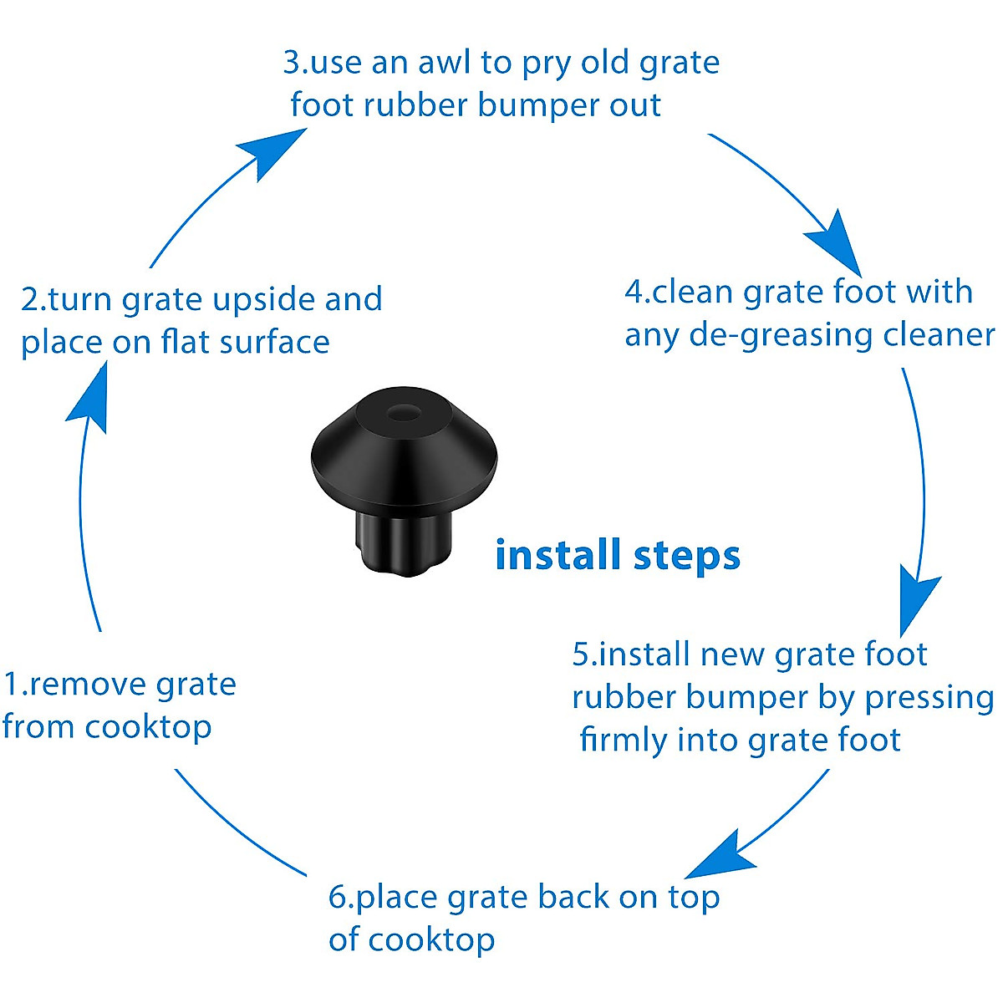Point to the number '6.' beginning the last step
coord(341,897)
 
